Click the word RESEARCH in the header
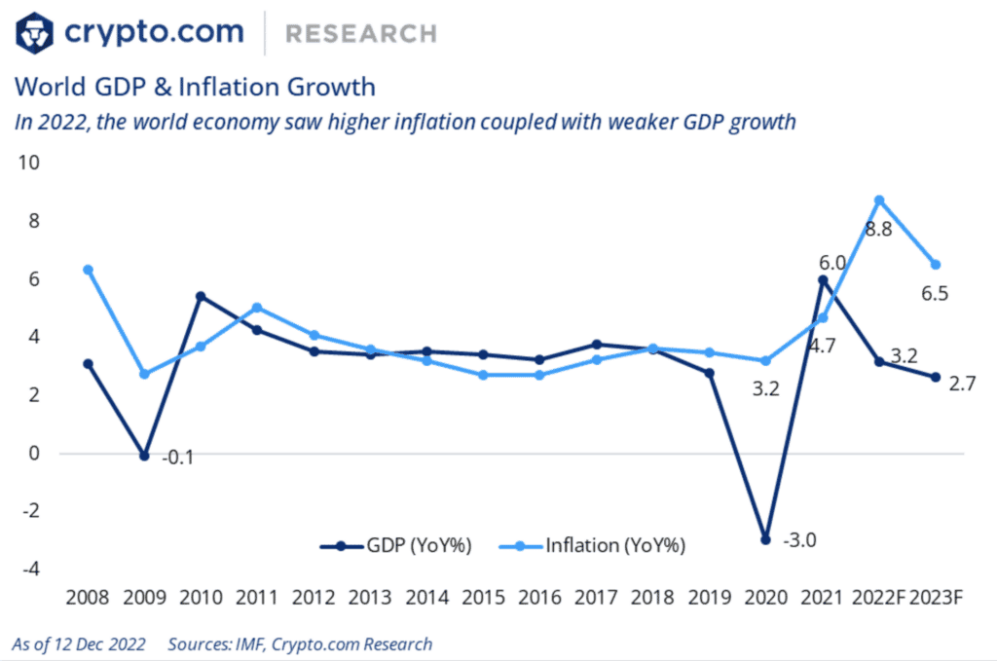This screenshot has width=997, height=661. coord(360,34)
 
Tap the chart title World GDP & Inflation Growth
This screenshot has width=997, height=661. coord(194,87)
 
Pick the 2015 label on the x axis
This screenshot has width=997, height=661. coord(484,597)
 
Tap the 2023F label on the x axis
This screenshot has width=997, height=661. coord(936,597)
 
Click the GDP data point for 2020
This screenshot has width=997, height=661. coord(766,539)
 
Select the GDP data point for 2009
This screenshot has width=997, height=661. coord(144,456)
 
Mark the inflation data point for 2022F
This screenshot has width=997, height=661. coord(879,201)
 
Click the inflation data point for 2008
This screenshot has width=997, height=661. coord(89,270)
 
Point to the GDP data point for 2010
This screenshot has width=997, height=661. coord(201,296)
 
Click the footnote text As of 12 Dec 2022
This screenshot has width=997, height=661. coord(79,643)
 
